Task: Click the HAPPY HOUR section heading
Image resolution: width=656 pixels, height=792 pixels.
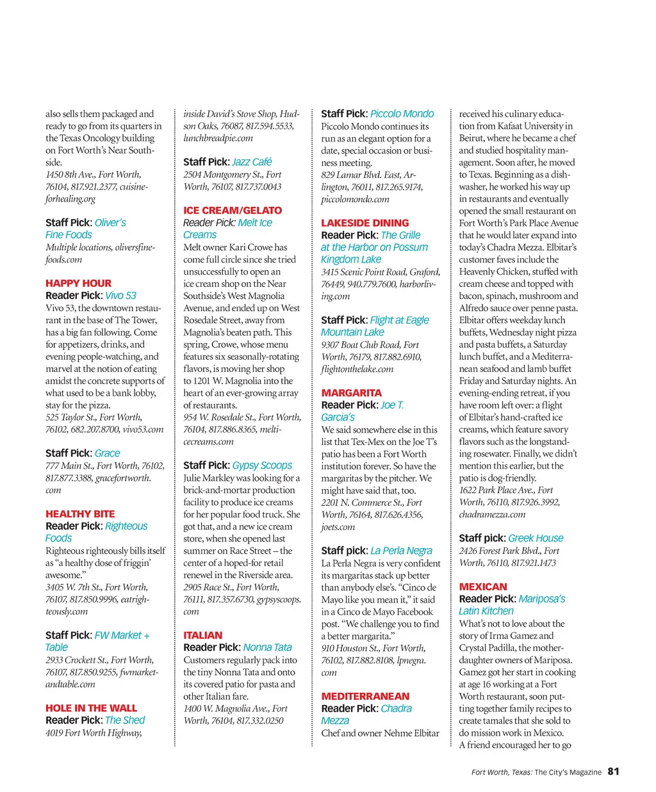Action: click(x=78, y=283)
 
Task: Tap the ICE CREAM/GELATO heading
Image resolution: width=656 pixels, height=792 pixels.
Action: click(x=233, y=210)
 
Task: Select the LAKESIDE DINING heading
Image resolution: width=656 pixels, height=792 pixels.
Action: click(x=365, y=223)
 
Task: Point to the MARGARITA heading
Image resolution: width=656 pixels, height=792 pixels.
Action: click(x=351, y=392)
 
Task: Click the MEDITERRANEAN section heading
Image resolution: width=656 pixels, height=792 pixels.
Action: click(x=365, y=696)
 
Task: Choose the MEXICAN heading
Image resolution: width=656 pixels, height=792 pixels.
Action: click(x=482, y=586)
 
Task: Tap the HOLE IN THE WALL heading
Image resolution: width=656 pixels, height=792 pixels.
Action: click(x=91, y=708)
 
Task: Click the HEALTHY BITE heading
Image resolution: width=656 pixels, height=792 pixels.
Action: click(x=80, y=513)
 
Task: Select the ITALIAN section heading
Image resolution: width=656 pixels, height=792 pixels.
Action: click(x=203, y=635)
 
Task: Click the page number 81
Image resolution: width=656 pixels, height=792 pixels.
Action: click(x=613, y=772)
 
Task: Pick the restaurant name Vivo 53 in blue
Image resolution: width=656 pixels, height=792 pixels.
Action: click(x=120, y=295)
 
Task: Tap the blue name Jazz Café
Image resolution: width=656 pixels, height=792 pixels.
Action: click(x=252, y=162)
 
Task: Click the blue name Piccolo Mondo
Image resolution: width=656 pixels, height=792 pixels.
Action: click(x=402, y=113)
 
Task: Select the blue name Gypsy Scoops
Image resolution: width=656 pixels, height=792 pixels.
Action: click(x=262, y=465)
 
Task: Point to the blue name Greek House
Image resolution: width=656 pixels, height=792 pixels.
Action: click(x=536, y=538)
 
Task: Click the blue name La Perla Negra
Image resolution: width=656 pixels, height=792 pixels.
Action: click(x=401, y=551)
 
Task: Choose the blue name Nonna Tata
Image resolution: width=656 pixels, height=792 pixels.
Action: click(x=267, y=647)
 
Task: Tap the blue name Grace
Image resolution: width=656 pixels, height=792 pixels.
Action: click(x=107, y=453)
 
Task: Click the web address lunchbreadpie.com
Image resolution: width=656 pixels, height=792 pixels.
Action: click(x=218, y=138)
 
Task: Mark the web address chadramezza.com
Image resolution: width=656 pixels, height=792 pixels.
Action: click(x=492, y=514)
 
